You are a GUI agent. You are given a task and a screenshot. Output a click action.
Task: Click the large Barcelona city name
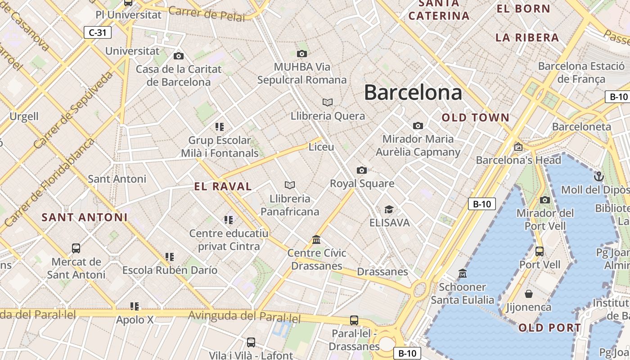[x=413, y=92]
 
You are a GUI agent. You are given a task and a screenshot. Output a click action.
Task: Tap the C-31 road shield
[x=98, y=32]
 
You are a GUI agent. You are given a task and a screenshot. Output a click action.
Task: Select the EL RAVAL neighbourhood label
[x=223, y=186]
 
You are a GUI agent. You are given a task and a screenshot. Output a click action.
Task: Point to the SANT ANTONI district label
[x=85, y=217]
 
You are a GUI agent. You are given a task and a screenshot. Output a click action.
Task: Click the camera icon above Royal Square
[x=361, y=170]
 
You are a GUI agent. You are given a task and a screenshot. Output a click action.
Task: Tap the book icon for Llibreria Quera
[x=328, y=103]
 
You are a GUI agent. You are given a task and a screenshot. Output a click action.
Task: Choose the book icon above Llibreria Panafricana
[x=290, y=185]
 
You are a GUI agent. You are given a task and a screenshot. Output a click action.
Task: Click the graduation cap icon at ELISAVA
[x=389, y=210]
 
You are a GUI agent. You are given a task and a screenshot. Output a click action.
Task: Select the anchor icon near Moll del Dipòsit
[x=598, y=176]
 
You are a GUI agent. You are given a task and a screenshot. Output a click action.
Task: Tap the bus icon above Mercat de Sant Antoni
[x=76, y=248]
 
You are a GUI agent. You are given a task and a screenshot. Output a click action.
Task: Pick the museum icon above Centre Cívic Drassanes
[x=316, y=239]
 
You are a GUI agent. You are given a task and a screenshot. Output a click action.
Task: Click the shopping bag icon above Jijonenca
[x=529, y=294]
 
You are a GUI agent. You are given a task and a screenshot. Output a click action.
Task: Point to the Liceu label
[x=321, y=147]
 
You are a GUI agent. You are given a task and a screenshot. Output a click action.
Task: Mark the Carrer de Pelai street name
[x=207, y=14]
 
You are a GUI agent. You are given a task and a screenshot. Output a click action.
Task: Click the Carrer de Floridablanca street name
[x=49, y=182]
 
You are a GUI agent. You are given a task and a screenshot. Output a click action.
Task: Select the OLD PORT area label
[x=550, y=328]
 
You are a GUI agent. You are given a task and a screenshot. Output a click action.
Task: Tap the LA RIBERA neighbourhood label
[x=527, y=38]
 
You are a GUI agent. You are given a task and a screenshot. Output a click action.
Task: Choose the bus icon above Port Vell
[x=540, y=251]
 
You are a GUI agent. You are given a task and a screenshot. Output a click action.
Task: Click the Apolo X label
[x=135, y=320]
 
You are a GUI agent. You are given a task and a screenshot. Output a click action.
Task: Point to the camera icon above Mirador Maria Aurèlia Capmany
[x=418, y=126]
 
